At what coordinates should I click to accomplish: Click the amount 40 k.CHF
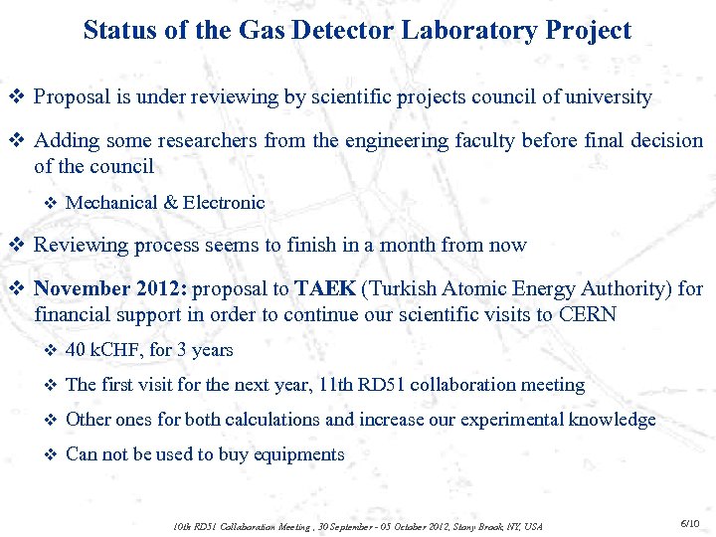pyautogui.click(x=106, y=350)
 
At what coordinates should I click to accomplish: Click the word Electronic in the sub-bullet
pyautogui.click(x=224, y=203)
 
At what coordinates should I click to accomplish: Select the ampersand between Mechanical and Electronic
pyautogui.click(x=170, y=203)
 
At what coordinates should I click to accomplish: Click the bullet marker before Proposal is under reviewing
pyautogui.click(x=15, y=97)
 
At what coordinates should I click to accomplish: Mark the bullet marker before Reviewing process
pyautogui.click(x=15, y=245)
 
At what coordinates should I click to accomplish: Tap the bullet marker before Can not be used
pyautogui.click(x=52, y=454)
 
